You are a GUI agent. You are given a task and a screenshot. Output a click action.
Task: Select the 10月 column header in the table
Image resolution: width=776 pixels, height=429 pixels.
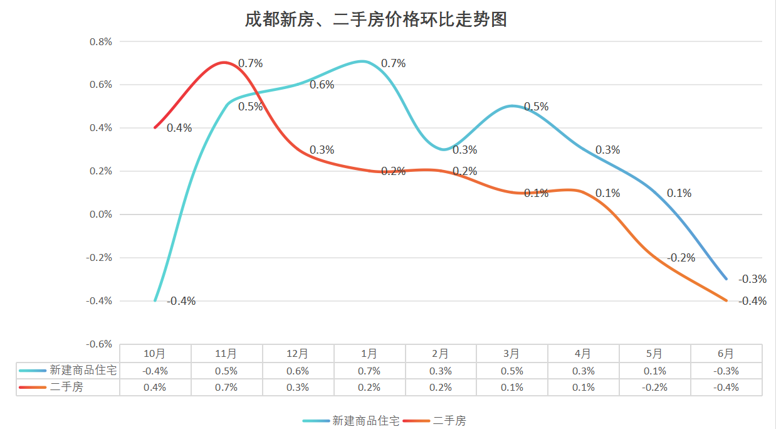pyautogui.click(x=155, y=354)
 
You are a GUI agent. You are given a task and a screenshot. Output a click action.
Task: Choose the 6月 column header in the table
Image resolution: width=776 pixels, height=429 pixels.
pyautogui.click(x=726, y=354)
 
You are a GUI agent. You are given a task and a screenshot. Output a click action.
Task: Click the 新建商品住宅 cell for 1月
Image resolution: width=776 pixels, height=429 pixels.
pyautogui.click(x=369, y=371)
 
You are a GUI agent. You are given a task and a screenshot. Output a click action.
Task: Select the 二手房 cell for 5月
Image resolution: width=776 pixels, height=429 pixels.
pyautogui.click(x=655, y=388)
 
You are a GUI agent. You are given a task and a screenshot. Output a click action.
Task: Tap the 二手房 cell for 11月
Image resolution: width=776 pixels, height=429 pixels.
pyautogui.click(x=226, y=388)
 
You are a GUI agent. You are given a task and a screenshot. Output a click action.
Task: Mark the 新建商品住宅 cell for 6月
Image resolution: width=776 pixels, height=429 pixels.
pyautogui.click(x=726, y=371)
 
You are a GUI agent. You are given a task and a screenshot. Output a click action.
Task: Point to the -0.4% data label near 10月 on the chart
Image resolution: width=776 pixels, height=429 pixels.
pyautogui.click(x=182, y=301)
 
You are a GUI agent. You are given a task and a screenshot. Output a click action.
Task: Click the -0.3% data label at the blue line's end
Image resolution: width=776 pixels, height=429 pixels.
pyautogui.click(x=752, y=279)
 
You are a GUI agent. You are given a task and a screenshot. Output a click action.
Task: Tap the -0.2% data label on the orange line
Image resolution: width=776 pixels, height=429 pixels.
pyautogui.click(x=681, y=258)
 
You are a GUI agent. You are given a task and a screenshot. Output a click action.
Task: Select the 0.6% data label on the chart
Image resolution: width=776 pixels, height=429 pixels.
pyautogui.click(x=322, y=85)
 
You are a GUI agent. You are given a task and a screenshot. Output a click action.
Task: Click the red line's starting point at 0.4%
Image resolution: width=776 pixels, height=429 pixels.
pyautogui.click(x=155, y=128)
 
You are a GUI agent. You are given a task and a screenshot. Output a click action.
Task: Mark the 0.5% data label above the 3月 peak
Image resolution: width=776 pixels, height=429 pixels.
pyautogui.click(x=536, y=107)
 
